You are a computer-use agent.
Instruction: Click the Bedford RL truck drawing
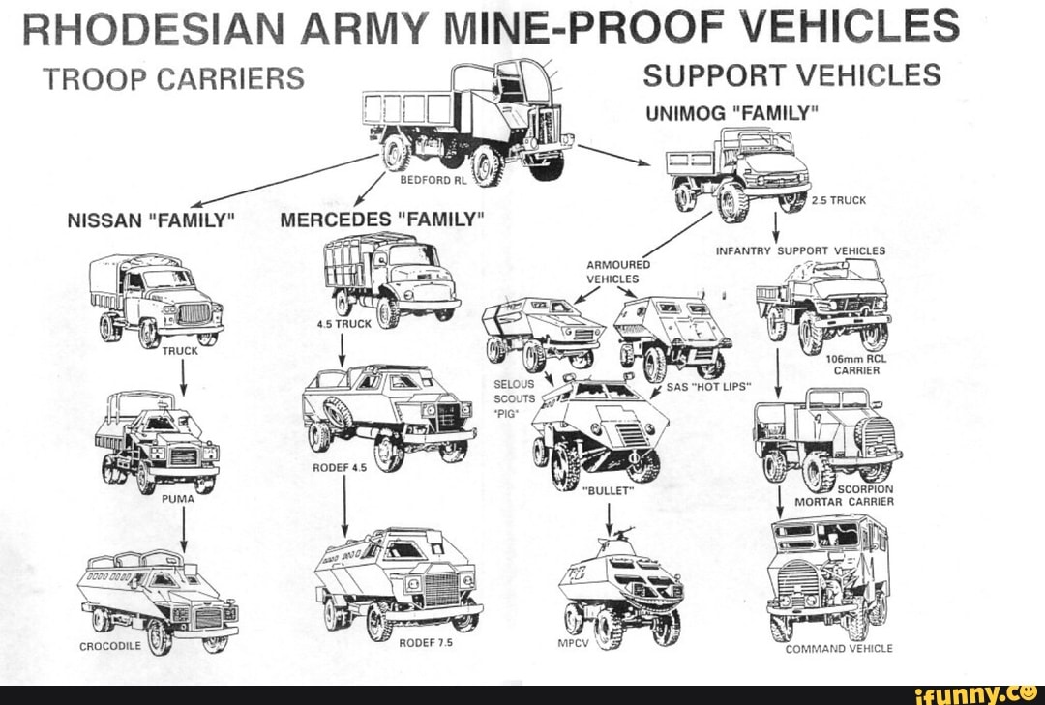pos(464,121)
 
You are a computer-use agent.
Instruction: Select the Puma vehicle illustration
pos(158,443)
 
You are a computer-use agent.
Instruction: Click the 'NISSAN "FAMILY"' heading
pos(150,220)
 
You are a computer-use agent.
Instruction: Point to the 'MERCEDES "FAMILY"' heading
pos(382,220)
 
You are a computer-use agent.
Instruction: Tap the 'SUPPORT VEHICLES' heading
pos(791,75)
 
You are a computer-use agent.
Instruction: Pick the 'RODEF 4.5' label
pos(340,467)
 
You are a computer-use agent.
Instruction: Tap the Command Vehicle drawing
pos(827,575)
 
